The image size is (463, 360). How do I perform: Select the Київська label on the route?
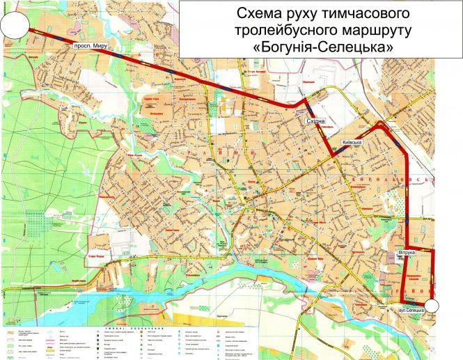(352, 143)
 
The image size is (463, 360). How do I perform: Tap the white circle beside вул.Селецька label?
(432, 306)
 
